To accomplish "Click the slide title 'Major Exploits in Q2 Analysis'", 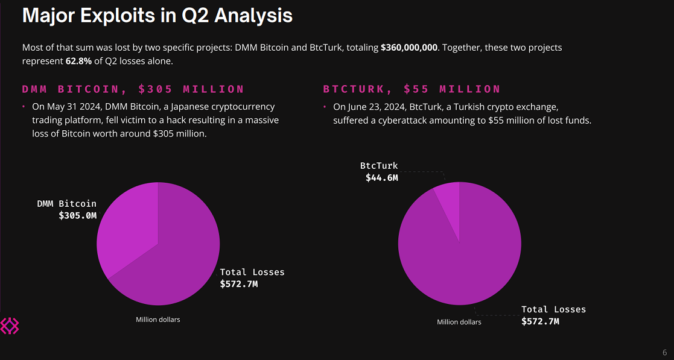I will (x=157, y=16).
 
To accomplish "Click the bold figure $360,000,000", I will (x=409, y=47).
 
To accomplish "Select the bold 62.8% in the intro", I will (x=78, y=61).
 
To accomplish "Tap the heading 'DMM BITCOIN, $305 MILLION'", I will (x=133, y=89).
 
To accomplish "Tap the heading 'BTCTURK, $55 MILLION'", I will (x=412, y=89).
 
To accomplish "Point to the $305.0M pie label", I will (x=77, y=215).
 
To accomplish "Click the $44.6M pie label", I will (x=381, y=177).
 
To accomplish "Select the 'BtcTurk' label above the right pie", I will (x=379, y=166).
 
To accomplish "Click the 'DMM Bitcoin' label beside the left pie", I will (x=66, y=204).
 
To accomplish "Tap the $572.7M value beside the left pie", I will (x=238, y=283).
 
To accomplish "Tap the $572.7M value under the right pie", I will (x=540, y=321).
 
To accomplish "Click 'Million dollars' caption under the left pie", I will (x=157, y=320).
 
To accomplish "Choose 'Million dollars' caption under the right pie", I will (x=459, y=322).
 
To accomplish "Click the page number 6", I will (x=664, y=352).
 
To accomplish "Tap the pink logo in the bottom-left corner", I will (x=9, y=326).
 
